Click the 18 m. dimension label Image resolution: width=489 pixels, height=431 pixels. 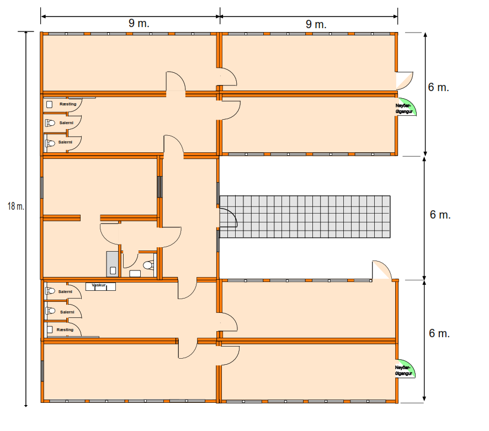point(15,206)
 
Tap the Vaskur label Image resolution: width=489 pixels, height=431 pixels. point(99,285)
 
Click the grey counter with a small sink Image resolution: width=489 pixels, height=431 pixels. point(113,264)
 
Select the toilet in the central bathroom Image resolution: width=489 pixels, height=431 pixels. point(147,265)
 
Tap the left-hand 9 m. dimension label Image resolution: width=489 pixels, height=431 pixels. point(139,23)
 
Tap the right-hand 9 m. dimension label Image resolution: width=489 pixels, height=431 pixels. point(316,23)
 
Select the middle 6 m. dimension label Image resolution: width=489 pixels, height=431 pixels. point(440,215)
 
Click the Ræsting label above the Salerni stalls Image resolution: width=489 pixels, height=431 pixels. point(67,104)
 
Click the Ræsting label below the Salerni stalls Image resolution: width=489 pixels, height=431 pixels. point(65,329)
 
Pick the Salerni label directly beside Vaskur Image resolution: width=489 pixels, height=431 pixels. point(66,292)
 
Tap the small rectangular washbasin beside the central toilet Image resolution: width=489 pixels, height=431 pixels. point(135,273)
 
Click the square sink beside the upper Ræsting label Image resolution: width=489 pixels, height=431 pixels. point(49,104)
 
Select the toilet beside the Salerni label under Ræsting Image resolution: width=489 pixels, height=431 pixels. point(50,123)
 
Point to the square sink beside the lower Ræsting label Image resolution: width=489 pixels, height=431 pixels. point(50,329)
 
